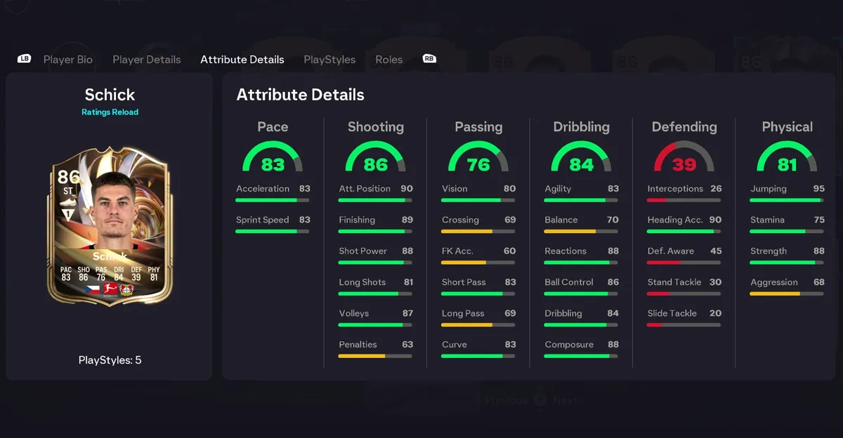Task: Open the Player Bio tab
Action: [x=67, y=60]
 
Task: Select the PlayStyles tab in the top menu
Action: [x=329, y=60]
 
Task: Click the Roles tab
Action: [x=388, y=60]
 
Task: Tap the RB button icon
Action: [x=429, y=59]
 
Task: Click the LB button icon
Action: [x=25, y=59]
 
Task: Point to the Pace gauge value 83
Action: [x=273, y=164]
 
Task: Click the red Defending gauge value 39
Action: [x=684, y=164]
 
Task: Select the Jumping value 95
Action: [x=818, y=189]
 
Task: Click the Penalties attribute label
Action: [x=358, y=345]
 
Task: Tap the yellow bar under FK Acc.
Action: [x=464, y=263]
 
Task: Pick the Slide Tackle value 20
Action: [x=715, y=314]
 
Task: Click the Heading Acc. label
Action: [x=674, y=220]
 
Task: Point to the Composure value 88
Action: [x=613, y=345]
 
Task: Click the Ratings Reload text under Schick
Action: [x=110, y=112]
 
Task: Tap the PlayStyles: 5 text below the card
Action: [x=110, y=360]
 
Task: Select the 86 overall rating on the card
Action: [x=68, y=176]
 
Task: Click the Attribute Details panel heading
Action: [x=300, y=95]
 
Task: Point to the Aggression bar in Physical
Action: [x=786, y=293]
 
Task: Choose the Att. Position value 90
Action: [x=407, y=189]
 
